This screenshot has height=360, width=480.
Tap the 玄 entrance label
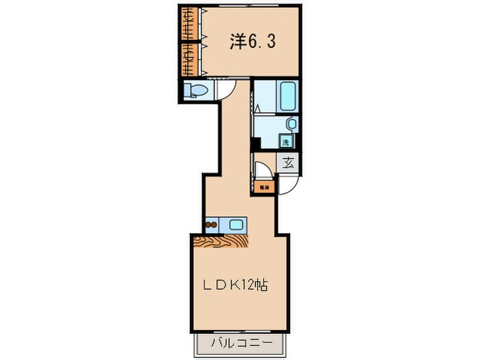click(289, 163)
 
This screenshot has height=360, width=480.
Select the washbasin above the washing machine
click(291, 124)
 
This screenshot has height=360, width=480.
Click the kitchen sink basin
click(237, 224)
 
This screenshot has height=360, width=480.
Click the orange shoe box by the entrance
click(263, 185)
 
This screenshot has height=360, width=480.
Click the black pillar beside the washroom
click(254, 145)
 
